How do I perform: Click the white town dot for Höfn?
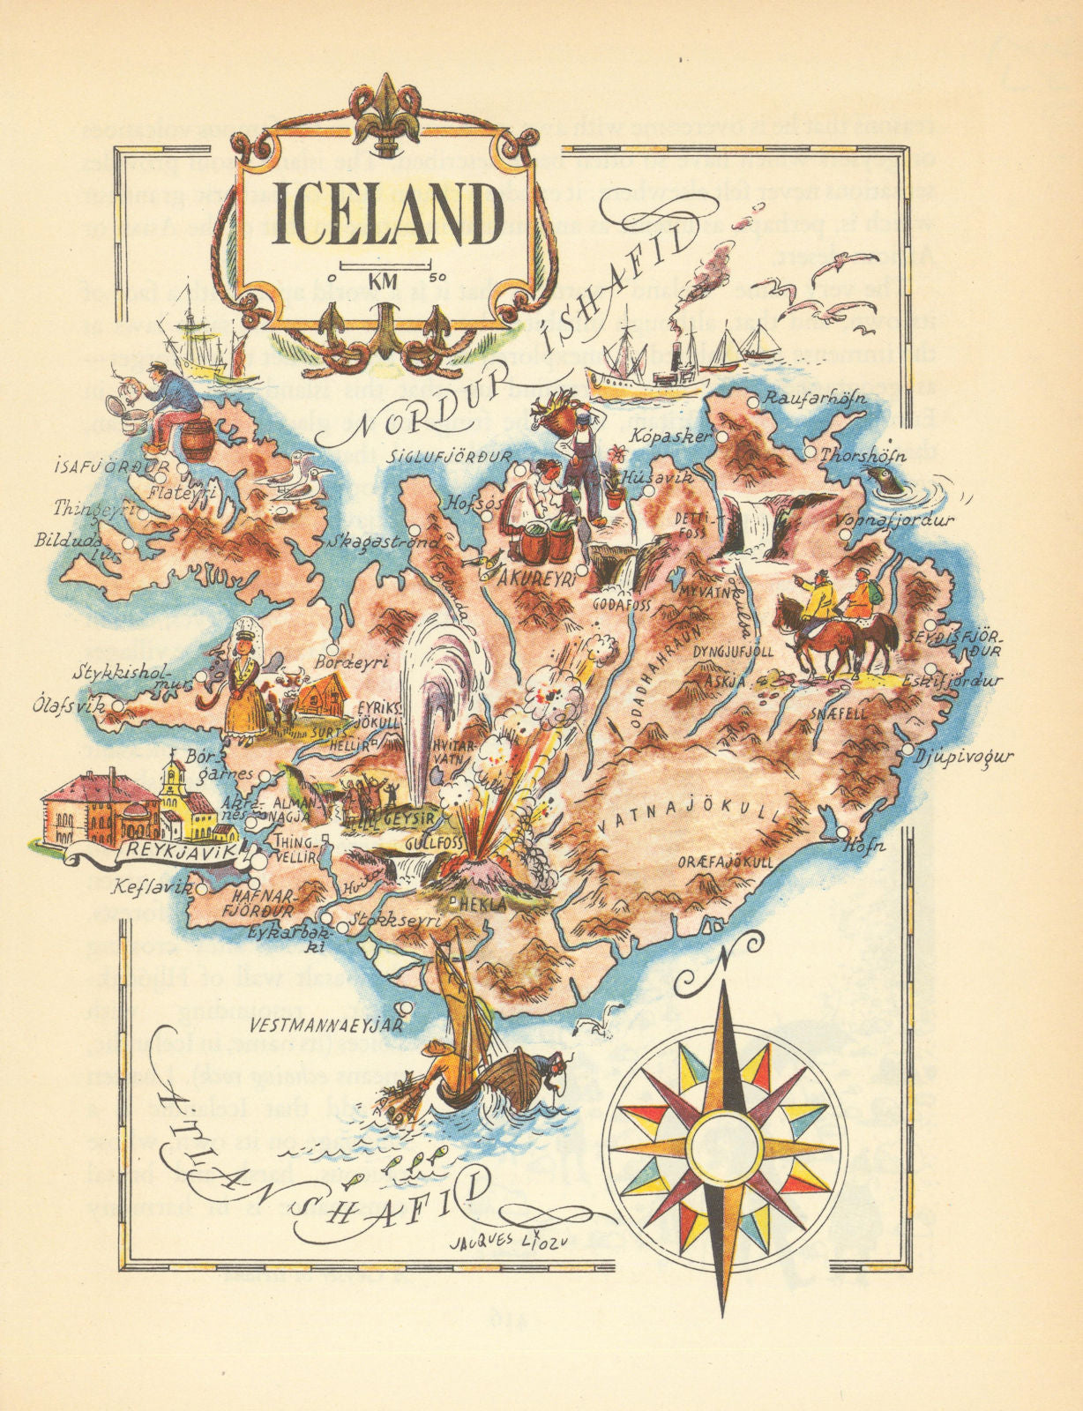843,832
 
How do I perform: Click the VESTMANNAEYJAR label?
325,1026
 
